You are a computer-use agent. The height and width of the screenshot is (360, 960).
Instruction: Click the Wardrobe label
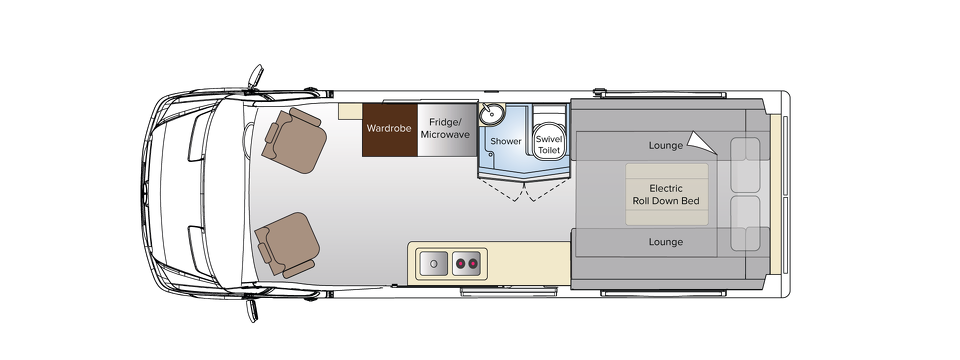pos(389,128)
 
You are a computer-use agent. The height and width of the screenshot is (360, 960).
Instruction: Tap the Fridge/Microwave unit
pos(445,129)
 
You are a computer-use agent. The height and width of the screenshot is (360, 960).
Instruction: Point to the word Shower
pos(506,141)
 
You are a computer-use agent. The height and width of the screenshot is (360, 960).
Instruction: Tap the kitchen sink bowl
pos(433,264)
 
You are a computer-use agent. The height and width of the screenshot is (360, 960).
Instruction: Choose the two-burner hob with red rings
pos(467,264)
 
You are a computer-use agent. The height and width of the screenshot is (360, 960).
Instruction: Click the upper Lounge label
pos(665,145)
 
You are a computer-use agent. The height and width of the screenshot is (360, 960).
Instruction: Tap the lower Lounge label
pos(665,242)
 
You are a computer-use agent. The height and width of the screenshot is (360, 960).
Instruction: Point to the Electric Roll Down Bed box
pos(667,194)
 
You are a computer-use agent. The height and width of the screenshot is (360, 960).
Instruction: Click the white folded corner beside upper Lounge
pos(705,144)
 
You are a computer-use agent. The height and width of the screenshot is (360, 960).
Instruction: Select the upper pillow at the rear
pos(746,165)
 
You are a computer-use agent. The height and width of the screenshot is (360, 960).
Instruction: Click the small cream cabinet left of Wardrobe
pos(350,111)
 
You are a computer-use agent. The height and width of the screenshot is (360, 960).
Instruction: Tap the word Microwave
pos(445,134)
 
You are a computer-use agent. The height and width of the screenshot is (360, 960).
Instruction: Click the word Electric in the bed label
pos(666,188)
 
